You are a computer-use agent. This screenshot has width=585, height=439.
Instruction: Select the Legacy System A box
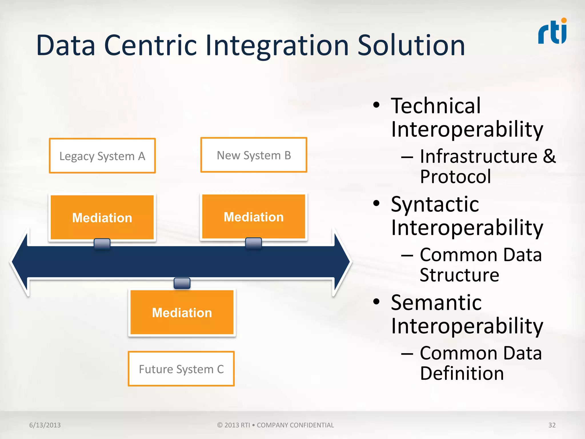102,156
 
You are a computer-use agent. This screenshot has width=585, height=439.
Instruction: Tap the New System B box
254,155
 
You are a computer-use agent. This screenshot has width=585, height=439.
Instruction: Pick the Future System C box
181,369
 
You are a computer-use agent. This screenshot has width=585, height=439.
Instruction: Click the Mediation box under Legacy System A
102,217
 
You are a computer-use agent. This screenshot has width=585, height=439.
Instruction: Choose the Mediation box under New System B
254,217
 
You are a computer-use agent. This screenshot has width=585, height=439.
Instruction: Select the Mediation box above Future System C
182,312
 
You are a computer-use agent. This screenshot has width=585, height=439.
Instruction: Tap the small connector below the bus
182,283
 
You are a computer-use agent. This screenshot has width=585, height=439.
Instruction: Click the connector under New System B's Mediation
253,243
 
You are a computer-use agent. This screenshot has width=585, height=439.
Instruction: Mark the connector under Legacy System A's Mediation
102,244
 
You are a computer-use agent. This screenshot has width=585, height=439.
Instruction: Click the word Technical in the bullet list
436,106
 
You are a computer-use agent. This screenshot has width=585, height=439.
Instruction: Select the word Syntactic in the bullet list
435,204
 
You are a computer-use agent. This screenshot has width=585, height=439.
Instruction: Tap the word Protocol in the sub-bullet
455,176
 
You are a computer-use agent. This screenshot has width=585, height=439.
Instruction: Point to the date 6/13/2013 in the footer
45,425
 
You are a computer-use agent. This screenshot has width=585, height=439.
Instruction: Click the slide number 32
552,425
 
